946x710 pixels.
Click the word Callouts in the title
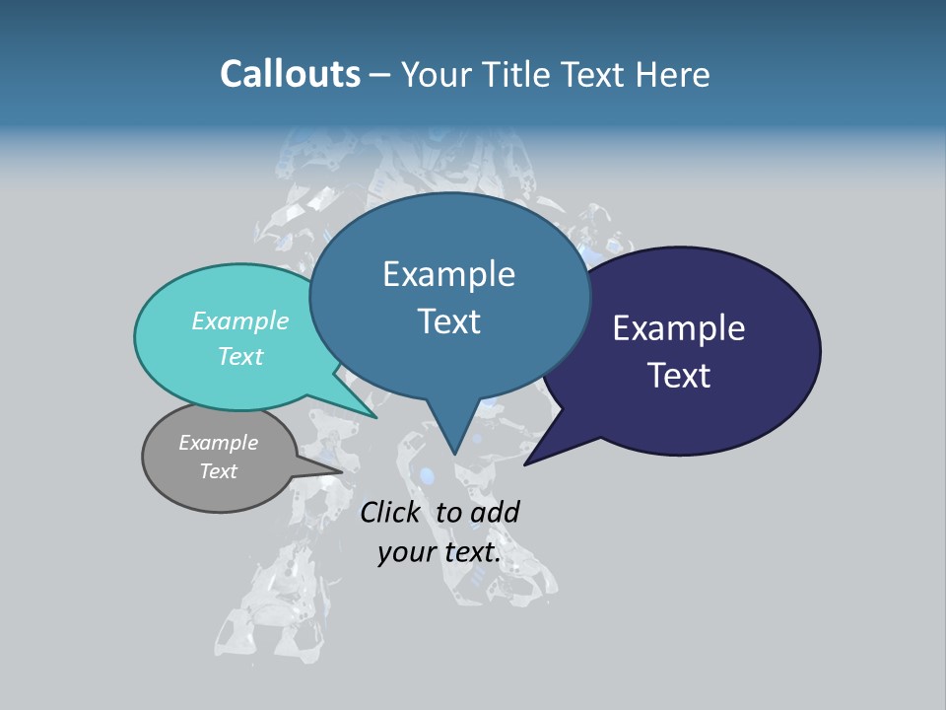[291, 74]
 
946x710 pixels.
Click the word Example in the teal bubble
[240, 320]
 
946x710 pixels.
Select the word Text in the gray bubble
[219, 471]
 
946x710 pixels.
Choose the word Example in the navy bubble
[679, 328]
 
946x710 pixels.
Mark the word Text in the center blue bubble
[449, 321]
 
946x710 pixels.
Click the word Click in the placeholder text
[390, 512]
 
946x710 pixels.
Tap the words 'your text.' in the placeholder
[439, 552]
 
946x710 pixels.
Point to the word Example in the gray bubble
[219, 443]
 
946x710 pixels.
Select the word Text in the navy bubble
[680, 376]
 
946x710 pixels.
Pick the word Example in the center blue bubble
[449, 274]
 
